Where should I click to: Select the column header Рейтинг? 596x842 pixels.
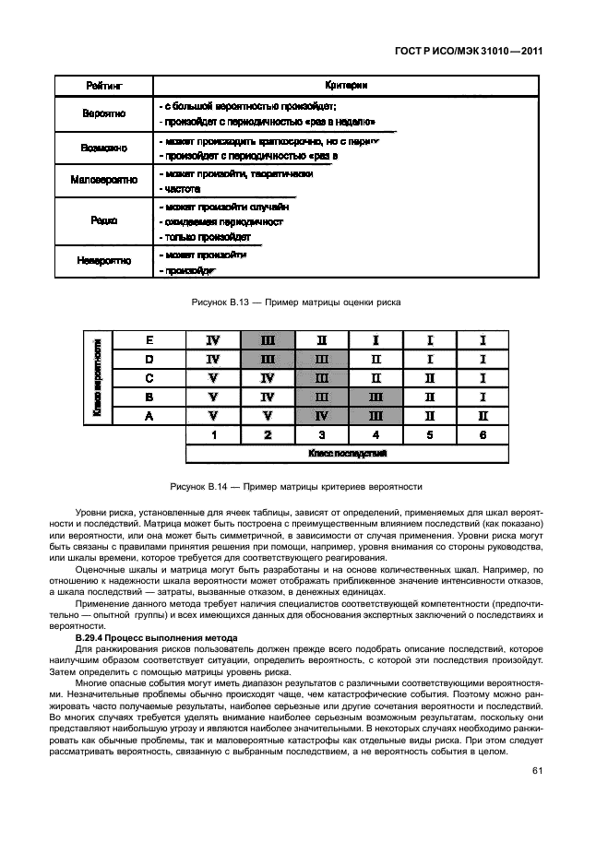104,85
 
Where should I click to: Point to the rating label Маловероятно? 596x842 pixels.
104,180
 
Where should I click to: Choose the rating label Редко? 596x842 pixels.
104,221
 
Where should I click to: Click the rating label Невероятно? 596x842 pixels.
104,261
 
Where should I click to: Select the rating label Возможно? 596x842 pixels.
104,148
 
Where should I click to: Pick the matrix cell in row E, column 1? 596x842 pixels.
213,340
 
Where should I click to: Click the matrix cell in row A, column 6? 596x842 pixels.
482,416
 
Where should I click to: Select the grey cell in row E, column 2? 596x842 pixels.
268,340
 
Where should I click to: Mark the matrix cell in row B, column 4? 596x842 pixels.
375,397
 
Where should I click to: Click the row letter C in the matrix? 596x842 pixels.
149,378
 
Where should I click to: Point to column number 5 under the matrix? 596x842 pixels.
428,435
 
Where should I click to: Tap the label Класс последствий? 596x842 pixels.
347,454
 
